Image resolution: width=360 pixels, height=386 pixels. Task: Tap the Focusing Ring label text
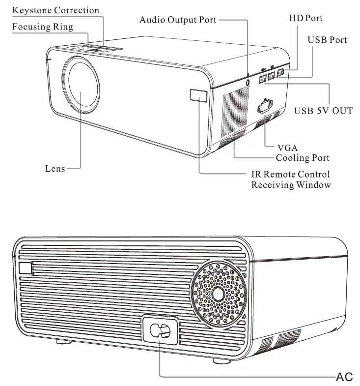click(43, 27)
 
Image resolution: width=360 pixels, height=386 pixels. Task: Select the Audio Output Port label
click(178, 20)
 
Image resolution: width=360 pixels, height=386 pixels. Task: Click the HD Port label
click(305, 18)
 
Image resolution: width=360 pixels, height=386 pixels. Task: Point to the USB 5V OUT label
click(323, 111)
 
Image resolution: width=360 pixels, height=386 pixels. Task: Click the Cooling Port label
click(303, 158)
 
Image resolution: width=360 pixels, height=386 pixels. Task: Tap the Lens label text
click(55, 169)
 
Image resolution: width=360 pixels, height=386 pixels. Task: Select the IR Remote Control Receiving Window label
click(291, 179)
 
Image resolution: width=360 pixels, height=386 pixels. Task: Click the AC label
click(344, 377)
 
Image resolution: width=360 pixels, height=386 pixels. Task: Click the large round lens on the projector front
click(83, 84)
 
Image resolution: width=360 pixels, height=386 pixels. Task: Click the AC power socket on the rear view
click(160, 331)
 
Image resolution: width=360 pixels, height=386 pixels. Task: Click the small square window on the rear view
click(25, 268)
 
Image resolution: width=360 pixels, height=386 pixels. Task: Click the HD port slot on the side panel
click(280, 75)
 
